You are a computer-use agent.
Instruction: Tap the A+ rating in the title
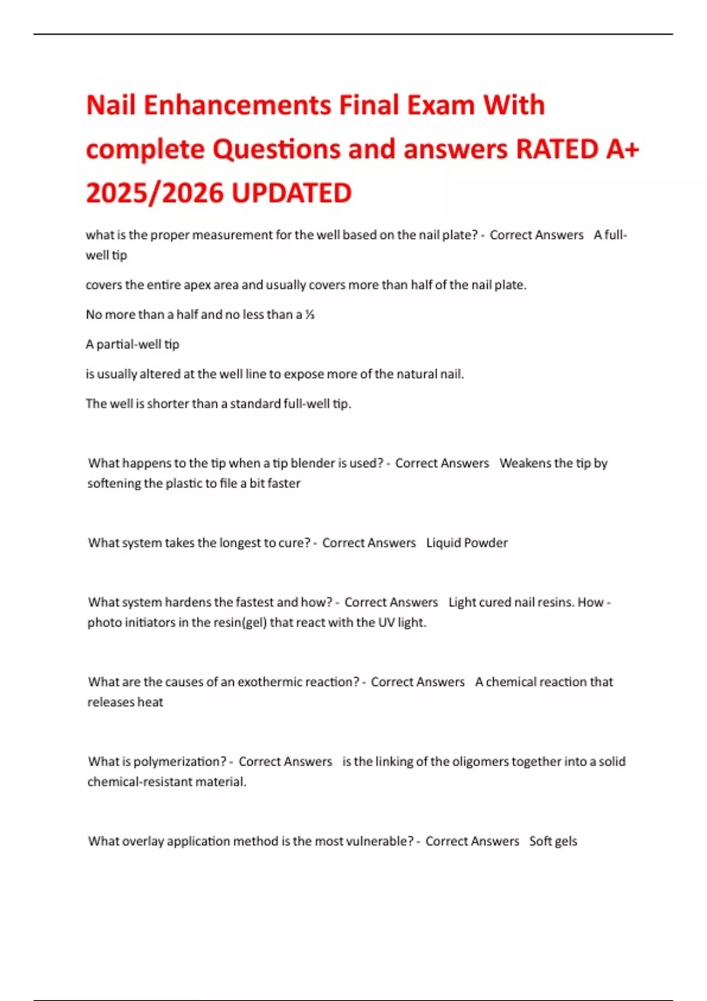coord(622,150)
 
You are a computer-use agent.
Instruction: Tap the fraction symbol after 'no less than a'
coord(310,315)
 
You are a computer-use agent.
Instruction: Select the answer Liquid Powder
coord(467,543)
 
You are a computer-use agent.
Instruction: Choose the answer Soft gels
coord(553,841)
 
